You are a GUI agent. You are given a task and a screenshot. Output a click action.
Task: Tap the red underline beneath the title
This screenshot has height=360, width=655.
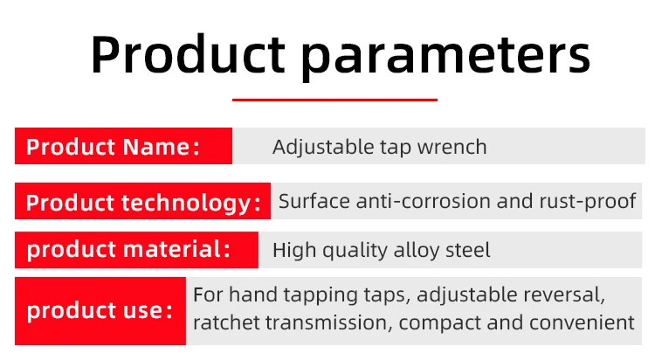point(334,100)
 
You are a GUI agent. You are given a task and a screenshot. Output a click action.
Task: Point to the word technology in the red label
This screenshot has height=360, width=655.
point(186,203)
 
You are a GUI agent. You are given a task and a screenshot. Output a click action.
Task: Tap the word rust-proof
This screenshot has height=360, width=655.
point(588,202)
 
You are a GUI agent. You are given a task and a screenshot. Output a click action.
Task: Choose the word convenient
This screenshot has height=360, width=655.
point(582,323)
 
